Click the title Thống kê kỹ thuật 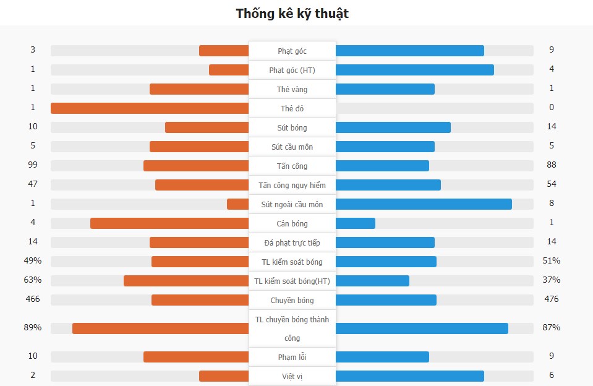[x=292, y=14]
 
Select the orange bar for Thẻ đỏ [x=150, y=108]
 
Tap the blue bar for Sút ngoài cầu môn [x=424, y=204]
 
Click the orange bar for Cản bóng [x=169, y=223]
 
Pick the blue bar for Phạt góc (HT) [x=414, y=70]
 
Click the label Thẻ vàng [x=292, y=90]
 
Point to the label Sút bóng [x=292, y=128]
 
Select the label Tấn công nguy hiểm [x=292, y=185]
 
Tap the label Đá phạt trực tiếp [x=292, y=242]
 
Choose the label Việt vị [x=292, y=376]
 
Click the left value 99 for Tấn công [x=33, y=165]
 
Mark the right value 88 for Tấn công [x=552, y=165]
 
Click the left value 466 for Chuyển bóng [x=33, y=299]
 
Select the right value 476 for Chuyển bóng [x=552, y=299]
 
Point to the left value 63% [x=33, y=280]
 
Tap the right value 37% [x=552, y=280]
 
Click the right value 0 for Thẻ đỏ [x=552, y=108]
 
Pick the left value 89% [x=33, y=328]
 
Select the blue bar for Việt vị [x=409, y=376]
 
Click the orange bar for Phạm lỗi [x=196, y=357]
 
